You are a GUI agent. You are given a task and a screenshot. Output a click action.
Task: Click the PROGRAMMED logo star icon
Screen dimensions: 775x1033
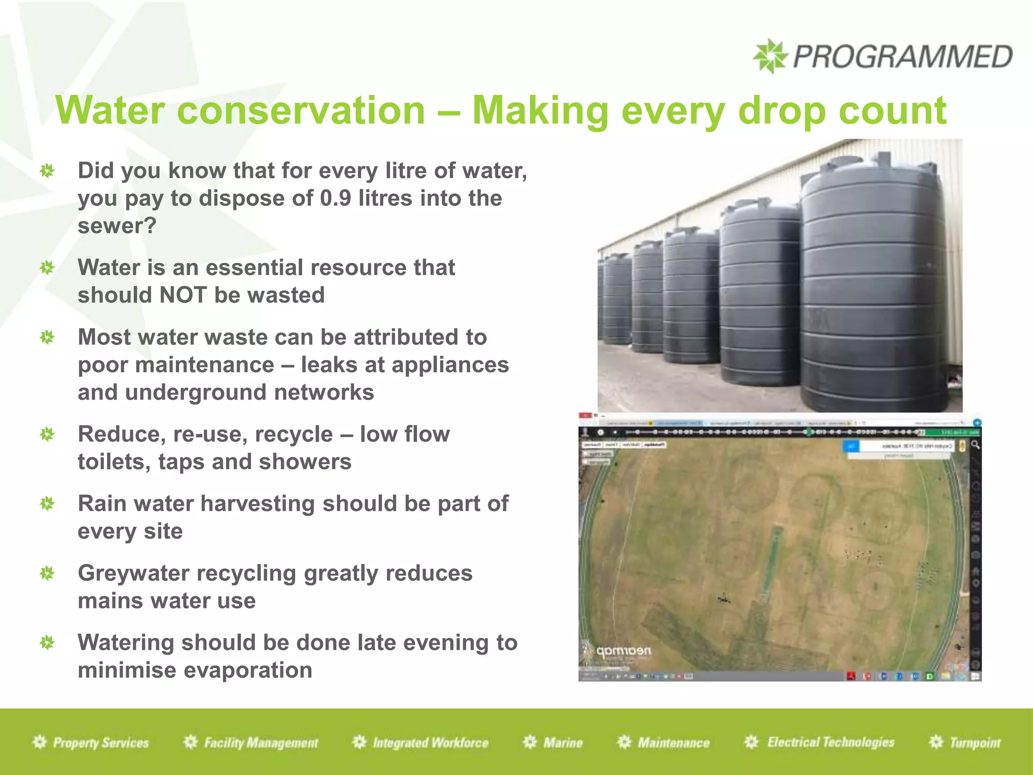coord(770,56)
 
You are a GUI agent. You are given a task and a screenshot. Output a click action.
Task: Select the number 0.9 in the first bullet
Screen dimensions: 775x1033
coord(335,198)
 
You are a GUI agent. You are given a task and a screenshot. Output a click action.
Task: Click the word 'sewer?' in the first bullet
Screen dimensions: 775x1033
coord(117,226)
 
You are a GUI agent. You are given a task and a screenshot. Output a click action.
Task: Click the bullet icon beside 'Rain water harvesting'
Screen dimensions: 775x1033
coord(47,504)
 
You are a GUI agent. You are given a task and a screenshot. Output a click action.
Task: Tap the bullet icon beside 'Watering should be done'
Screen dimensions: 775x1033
coord(47,643)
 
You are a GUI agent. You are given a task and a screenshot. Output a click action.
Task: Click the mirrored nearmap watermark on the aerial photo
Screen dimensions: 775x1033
coord(622,651)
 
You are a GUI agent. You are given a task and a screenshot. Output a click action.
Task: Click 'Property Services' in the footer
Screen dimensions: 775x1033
coord(100,743)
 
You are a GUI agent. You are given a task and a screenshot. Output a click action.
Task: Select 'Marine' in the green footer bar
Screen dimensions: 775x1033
coord(562,743)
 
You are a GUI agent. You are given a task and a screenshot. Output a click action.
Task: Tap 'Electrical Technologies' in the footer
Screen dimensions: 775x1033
coord(830,742)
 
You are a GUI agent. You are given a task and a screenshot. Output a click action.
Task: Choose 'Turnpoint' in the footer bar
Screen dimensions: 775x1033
coord(974,743)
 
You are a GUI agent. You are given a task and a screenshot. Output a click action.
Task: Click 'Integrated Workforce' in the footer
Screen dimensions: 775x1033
coord(430,743)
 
